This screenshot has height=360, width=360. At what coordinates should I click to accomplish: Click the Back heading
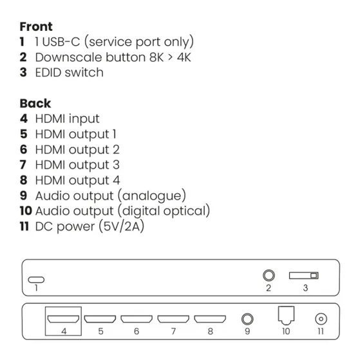click(35, 103)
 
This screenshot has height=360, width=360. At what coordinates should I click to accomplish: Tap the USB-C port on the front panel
click(37, 279)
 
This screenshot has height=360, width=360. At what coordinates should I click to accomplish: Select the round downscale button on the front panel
click(269, 276)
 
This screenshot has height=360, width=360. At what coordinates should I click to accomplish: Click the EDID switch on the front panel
click(305, 276)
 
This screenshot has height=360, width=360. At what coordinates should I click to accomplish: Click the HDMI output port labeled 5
click(101, 318)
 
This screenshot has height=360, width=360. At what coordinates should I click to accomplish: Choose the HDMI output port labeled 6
click(137, 318)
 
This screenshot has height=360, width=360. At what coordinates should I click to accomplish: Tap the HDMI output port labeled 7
click(173, 318)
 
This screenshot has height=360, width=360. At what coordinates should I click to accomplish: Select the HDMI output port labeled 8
click(210, 318)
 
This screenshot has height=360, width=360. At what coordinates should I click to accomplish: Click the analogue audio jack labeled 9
click(247, 318)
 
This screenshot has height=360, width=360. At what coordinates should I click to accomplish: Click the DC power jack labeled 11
click(320, 318)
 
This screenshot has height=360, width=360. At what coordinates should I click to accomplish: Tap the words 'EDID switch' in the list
click(69, 72)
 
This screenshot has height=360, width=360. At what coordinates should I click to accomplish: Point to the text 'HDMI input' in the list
click(67, 118)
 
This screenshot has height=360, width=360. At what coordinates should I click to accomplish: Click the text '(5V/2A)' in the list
click(120, 226)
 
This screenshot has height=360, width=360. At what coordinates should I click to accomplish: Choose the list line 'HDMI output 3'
click(77, 165)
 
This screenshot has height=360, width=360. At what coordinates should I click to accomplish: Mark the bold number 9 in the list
click(24, 195)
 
